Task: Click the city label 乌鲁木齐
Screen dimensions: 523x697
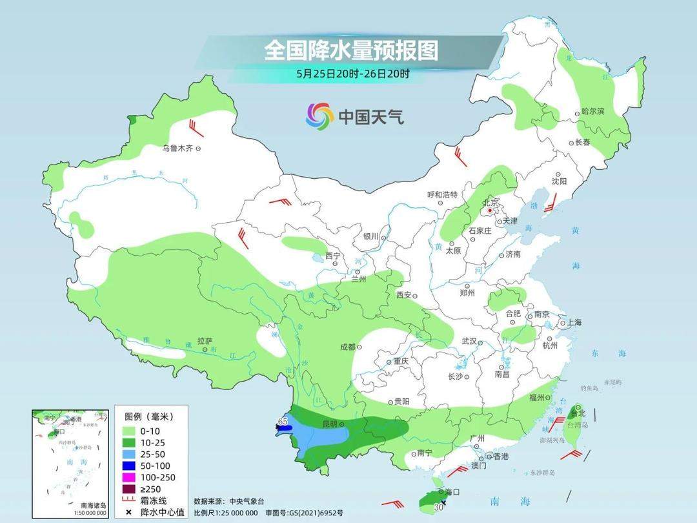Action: click(x=177, y=149)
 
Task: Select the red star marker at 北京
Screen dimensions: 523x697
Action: click(x=491, y=210)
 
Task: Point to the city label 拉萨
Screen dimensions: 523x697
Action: click(x=205, y=340)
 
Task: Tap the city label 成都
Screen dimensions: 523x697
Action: click(x=347, y=347)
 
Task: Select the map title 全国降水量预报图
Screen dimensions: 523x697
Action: click(x=351, y=50)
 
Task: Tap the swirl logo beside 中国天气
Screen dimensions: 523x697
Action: click(x=319, y=116)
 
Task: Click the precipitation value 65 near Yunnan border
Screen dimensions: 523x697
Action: click(x=282, y=421)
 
